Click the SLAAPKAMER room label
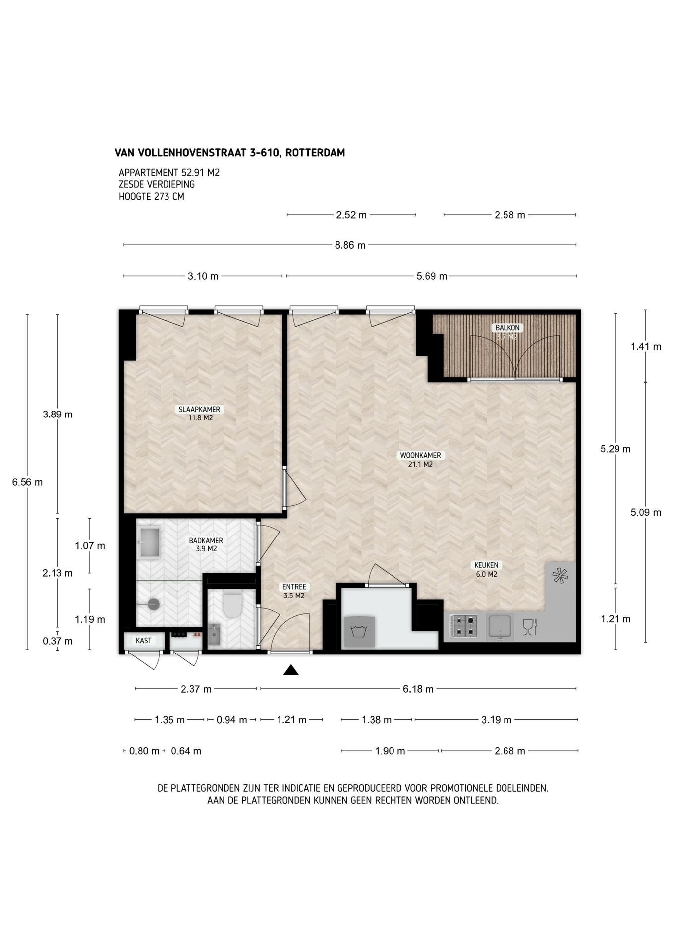click(x=200, y=410)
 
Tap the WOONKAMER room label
click(x=420, y=455)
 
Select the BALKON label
click(x=507, y=328)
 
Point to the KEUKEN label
click(x=486, y=565)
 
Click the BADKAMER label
click(x=206, y=541)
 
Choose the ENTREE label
click(x=294, y=587)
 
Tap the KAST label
click(x=144, y=641)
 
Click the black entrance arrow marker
click(x=291, y=670)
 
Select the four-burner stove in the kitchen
click(x=464, y=626)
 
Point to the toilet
click(x=232, y=604)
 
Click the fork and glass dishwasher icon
click(x=530, y=627)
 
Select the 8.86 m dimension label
click(x=350, y=245)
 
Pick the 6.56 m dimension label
click(x=27, y=482)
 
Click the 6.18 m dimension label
click(x=418, y=689)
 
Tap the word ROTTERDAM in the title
click(x=315, y=153)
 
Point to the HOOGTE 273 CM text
click(x=152, y=196)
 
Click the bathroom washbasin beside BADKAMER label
click(x=150, y=542)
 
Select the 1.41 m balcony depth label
click(x=646, y=347)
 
